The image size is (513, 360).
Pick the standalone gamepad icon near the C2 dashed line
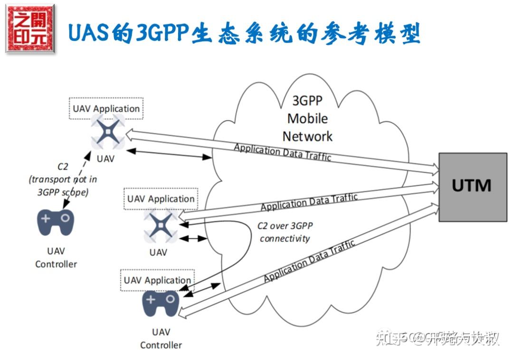56,222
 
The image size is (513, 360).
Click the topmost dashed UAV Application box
106,109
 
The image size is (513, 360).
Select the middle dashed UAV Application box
161,199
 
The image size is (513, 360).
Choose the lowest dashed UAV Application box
157,280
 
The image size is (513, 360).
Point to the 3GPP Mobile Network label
307,118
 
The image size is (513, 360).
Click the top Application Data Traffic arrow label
282,152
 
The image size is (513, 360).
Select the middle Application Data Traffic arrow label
309,201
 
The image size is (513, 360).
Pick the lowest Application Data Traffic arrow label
309,261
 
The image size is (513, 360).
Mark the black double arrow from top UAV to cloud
169,153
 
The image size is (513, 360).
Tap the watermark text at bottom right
437,338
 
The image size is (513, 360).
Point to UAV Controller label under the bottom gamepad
161,338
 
